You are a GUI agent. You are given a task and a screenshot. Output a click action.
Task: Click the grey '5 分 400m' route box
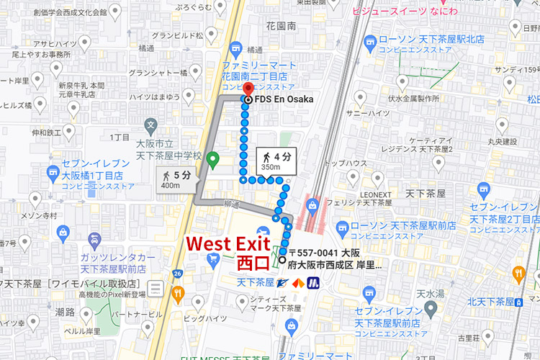176,180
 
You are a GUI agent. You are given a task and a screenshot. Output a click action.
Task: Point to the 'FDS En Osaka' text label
284,99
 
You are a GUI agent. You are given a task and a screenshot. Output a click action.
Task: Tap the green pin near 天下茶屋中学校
212,159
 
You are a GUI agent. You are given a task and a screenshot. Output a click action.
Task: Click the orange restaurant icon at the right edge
518,274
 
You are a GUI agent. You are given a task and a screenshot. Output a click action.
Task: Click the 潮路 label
65,312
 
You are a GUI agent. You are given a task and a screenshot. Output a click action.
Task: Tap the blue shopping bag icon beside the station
312,207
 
